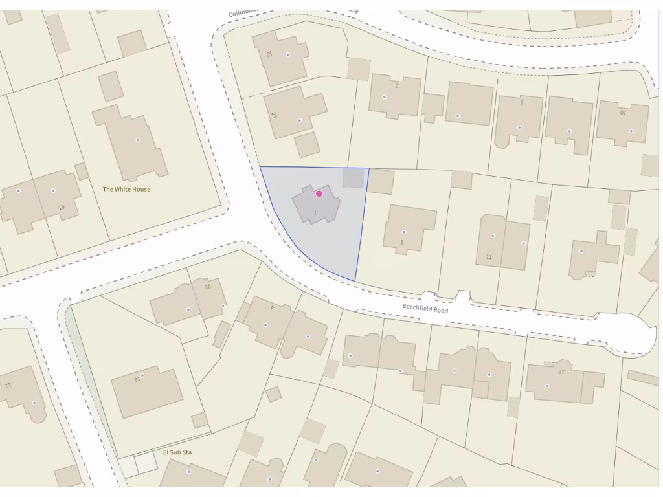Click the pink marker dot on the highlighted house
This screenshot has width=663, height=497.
pos(319,193)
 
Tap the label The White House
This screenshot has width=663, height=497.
pos(126,190)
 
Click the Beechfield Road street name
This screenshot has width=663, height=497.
pos(425,308)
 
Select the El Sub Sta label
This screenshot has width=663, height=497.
pos(177,452)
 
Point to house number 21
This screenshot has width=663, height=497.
pos(269,54)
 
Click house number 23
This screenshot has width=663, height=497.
pos(274,115)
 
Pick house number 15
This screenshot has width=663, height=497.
pos(62,208)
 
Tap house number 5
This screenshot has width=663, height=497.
pos(402,243)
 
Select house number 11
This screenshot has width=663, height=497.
pos(489,257)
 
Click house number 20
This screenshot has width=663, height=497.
pos(208,287)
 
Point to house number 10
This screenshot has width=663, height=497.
pos(624,112)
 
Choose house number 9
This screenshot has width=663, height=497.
pos(521,102)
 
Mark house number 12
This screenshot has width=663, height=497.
pos(8,384)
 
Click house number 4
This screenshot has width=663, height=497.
pos(272,307)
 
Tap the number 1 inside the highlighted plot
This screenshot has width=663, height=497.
pos(315,212)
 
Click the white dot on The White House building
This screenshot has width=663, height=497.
pos(137,140)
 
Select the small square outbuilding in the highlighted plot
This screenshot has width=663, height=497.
pos(353,178)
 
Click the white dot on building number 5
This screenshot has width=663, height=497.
pos(404,232)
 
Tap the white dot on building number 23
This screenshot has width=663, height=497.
pos(299,120)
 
